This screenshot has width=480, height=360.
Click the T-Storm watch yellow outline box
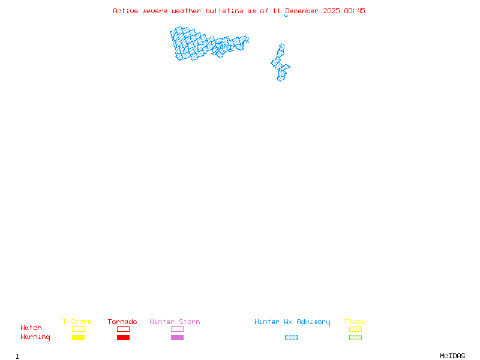(x=78, y=329)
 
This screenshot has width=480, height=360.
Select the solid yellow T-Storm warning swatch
(x=78, y=338)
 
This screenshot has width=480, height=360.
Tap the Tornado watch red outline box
(x=123, y=329)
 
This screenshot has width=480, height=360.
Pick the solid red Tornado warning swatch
(x=123, y=338)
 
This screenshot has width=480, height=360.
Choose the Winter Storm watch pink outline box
(x=177, y=329)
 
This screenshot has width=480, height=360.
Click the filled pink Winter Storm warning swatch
(x=177, y=338)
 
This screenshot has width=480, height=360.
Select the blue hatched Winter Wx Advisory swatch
(x=291, y=338)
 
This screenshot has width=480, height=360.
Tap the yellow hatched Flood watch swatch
(x=355, y=329)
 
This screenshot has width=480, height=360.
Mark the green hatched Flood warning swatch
(x=355, y=338)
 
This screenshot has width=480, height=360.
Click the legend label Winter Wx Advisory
(x=292, y=322)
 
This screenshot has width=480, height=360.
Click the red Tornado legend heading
(x=122, y=322)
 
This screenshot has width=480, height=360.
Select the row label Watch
(x=31, y=328)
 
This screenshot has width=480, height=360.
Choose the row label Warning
(x=35, y=337)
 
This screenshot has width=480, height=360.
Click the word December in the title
(x=302, y=11)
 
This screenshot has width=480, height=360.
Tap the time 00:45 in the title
(x=355, y=11)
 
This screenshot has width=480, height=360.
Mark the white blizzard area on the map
(x=281, y=40)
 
